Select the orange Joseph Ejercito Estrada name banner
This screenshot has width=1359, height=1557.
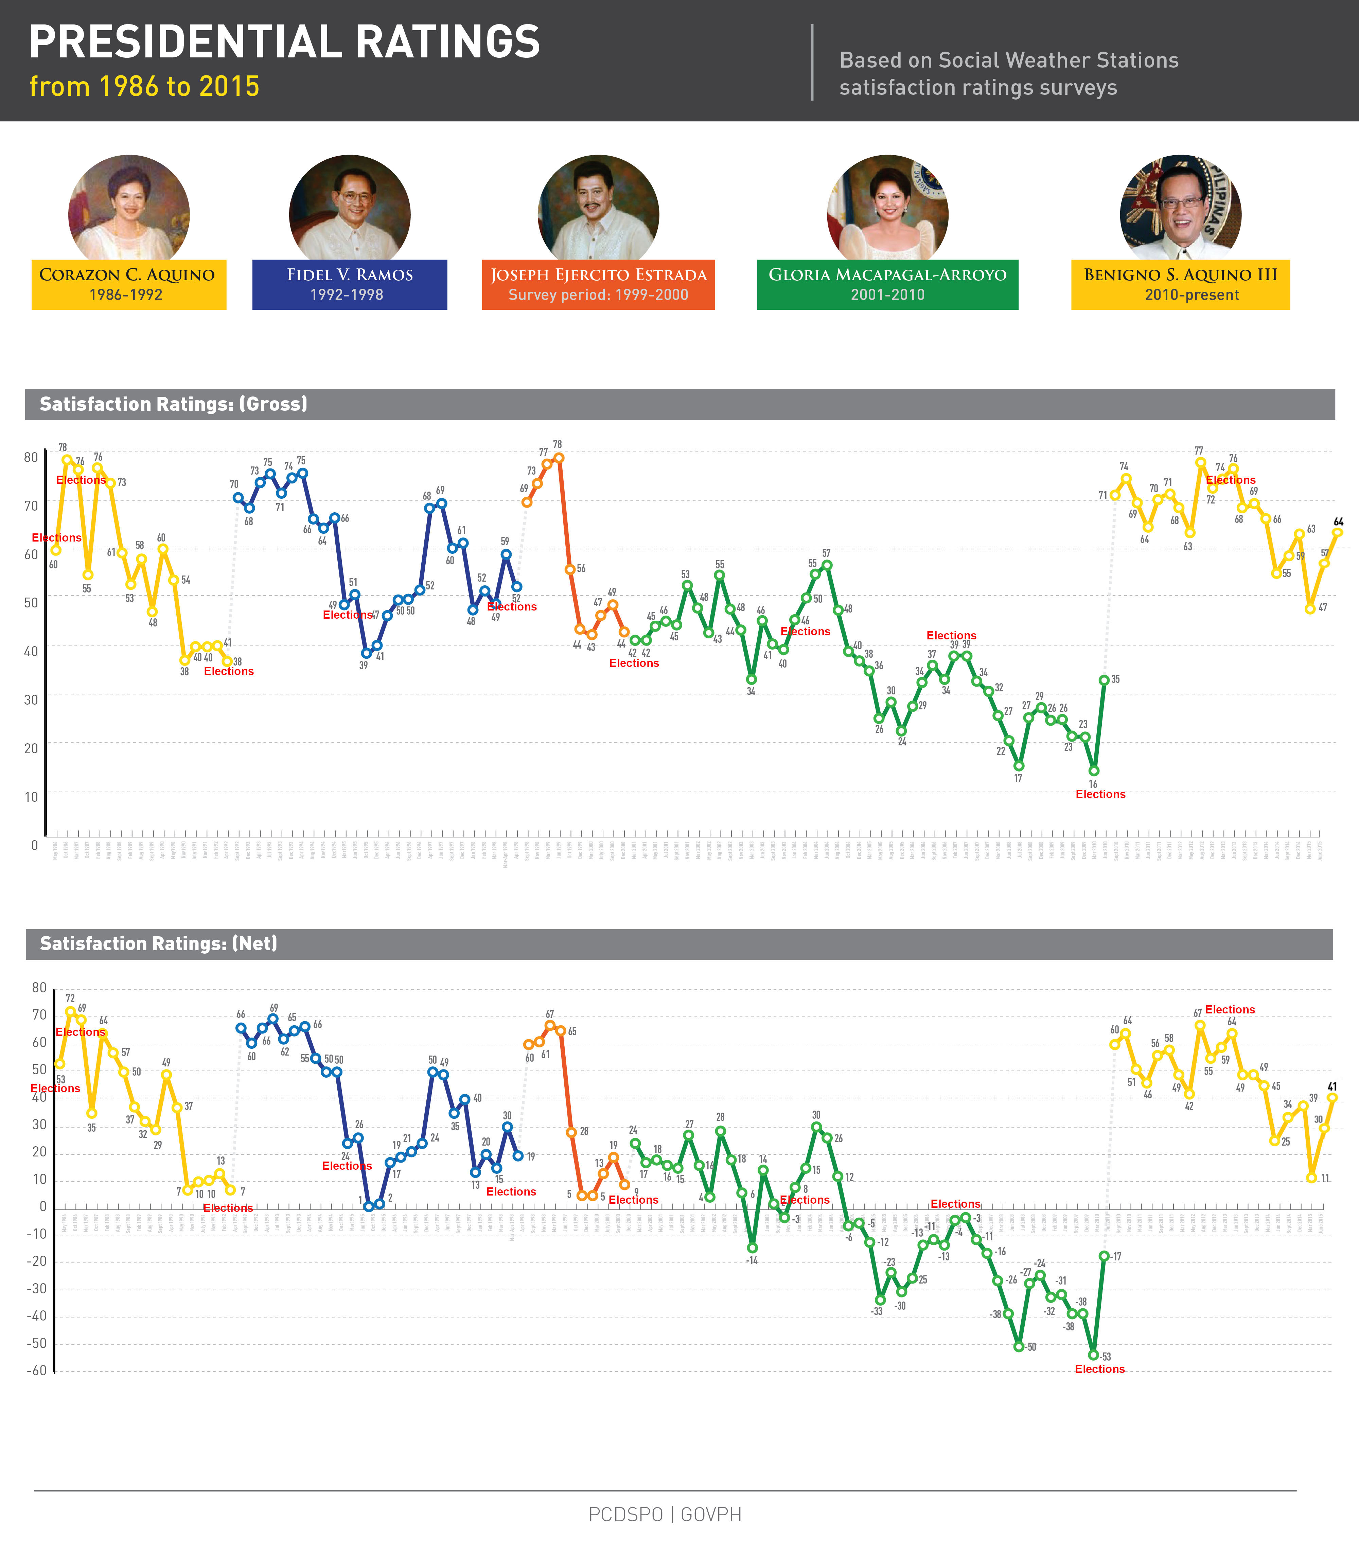click(x=598, y=284)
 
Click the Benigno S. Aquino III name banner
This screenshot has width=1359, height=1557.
click(x=1180, y=284)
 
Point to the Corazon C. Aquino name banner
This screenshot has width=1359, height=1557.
click(x=128, y=284)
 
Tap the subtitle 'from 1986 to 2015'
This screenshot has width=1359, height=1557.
click(x=144, y=86)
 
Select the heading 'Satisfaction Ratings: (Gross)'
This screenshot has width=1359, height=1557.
click(x=174, y=404)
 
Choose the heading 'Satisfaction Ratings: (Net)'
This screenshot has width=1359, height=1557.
click(x=159, y=943)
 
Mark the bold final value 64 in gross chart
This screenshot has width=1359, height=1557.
click(x=1339, y=522)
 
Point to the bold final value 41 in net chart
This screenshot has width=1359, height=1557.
click(x=1332, y=1087)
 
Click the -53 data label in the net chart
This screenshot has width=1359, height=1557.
click(x=1106, y=1357)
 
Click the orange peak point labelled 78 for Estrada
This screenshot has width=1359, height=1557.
click(x=559, y=457)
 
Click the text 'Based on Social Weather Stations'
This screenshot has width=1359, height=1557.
click(x=1009, y=61)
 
